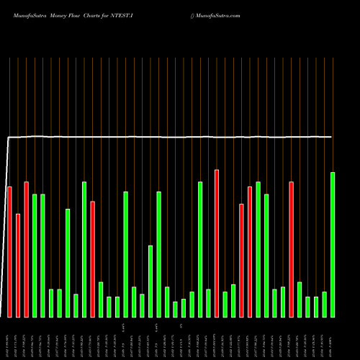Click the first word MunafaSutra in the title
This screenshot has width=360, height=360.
coord(31,14)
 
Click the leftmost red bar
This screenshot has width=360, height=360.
coord(9,252)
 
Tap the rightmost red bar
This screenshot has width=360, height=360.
coord(291,249)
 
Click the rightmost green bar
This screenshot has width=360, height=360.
coord(333,245)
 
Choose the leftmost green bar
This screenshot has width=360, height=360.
coord(35,256)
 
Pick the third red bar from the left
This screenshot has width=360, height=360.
coord(26,249)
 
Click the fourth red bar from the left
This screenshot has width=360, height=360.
coord(92,259)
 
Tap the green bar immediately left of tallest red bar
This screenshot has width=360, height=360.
coord(208,303)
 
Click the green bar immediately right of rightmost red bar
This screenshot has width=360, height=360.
coord(300,300)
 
